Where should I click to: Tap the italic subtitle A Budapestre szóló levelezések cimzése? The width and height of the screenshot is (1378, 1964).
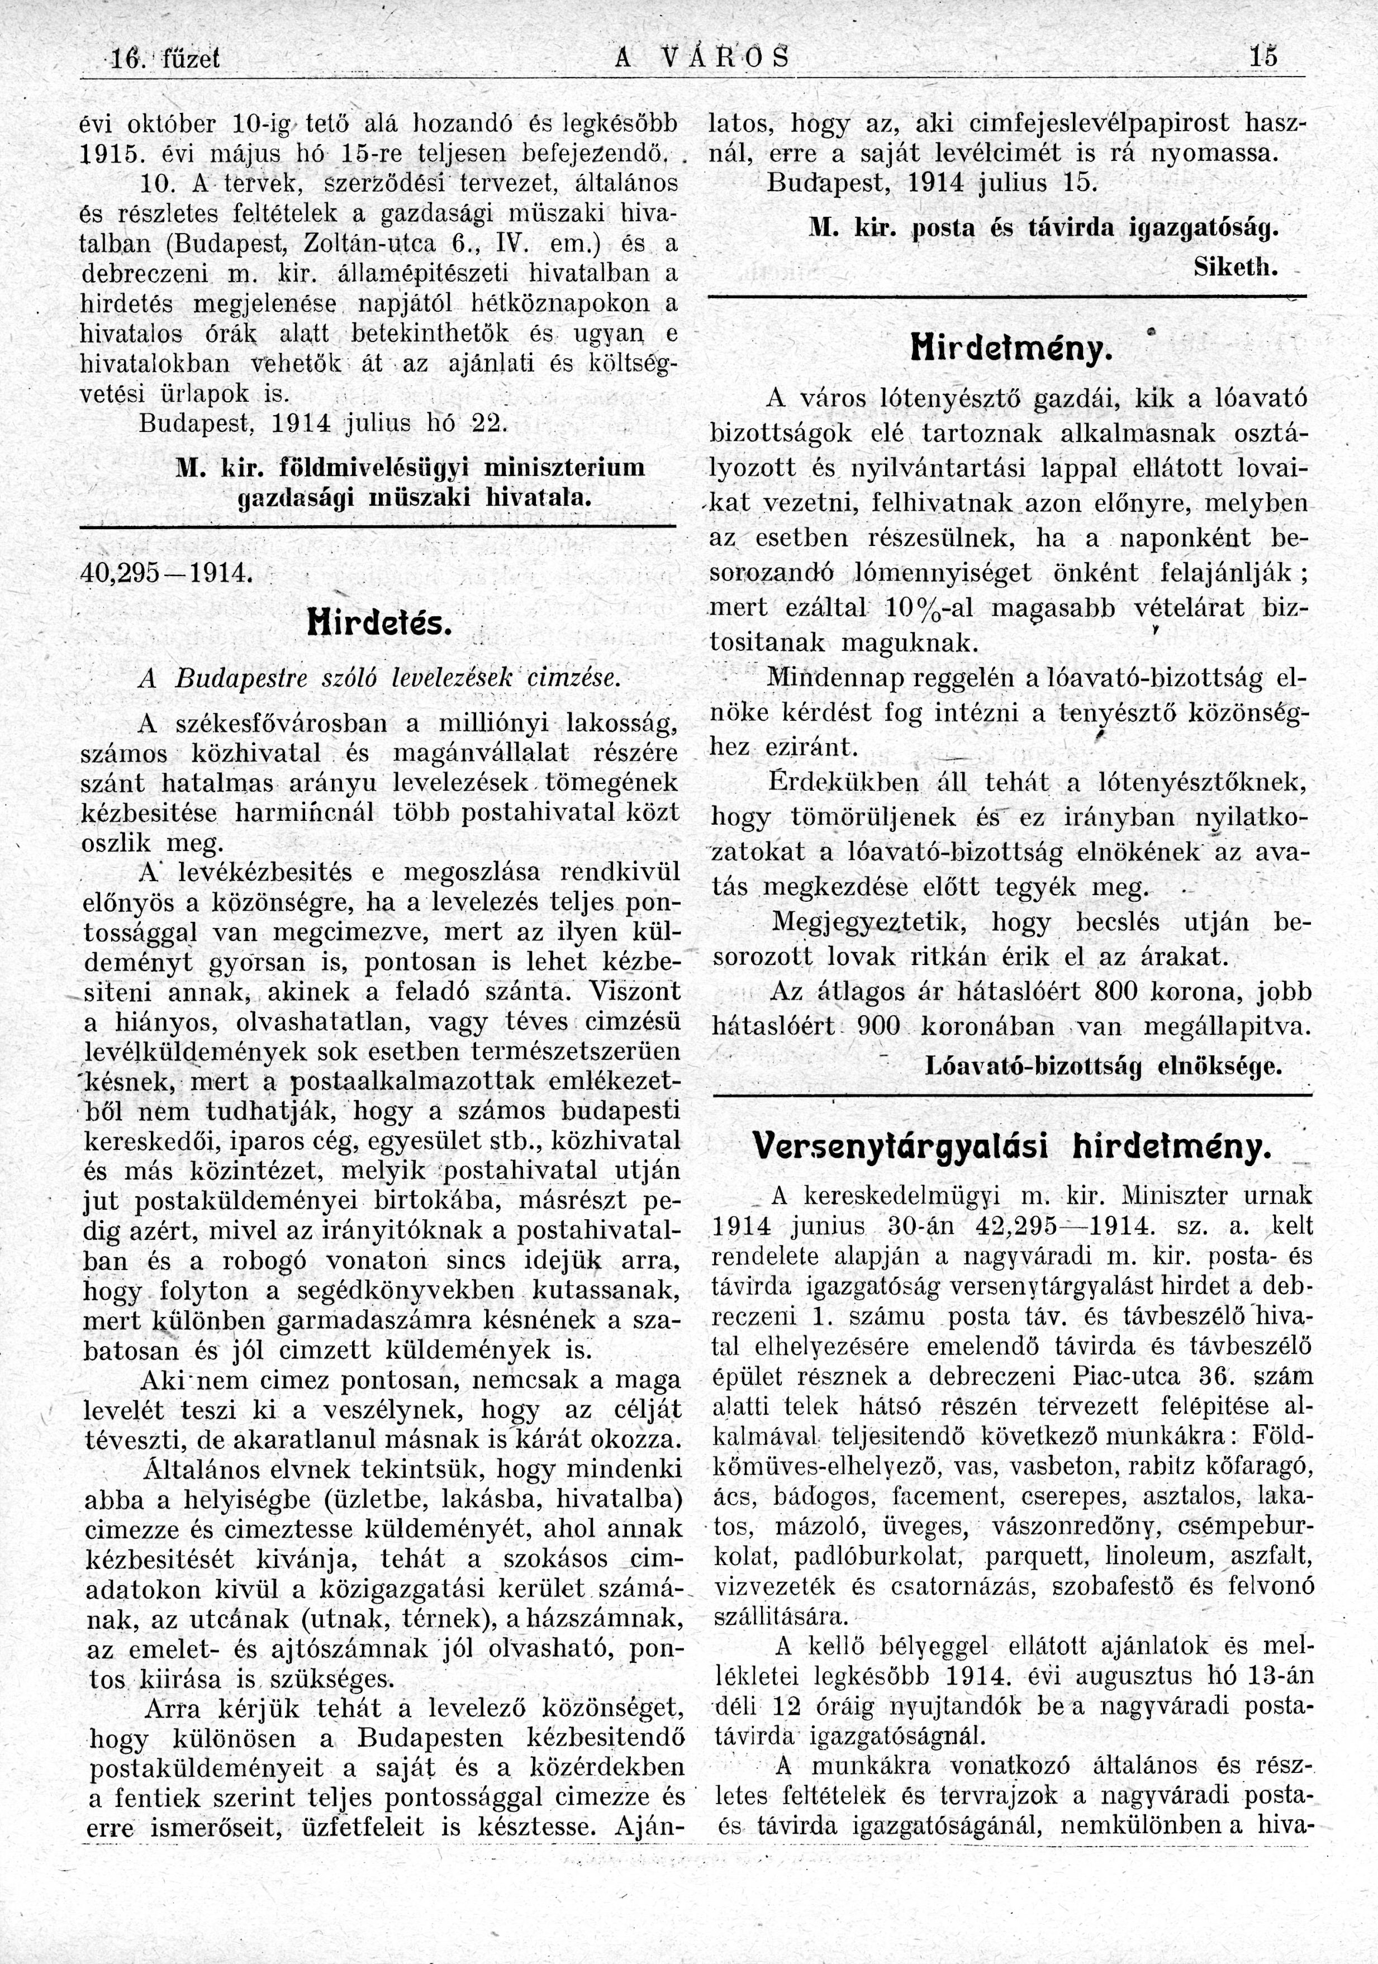[377, 678]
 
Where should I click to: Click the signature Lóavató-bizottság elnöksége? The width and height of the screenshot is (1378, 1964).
[1104, 1067]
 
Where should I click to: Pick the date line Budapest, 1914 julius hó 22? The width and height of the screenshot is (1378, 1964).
[324, 424]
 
